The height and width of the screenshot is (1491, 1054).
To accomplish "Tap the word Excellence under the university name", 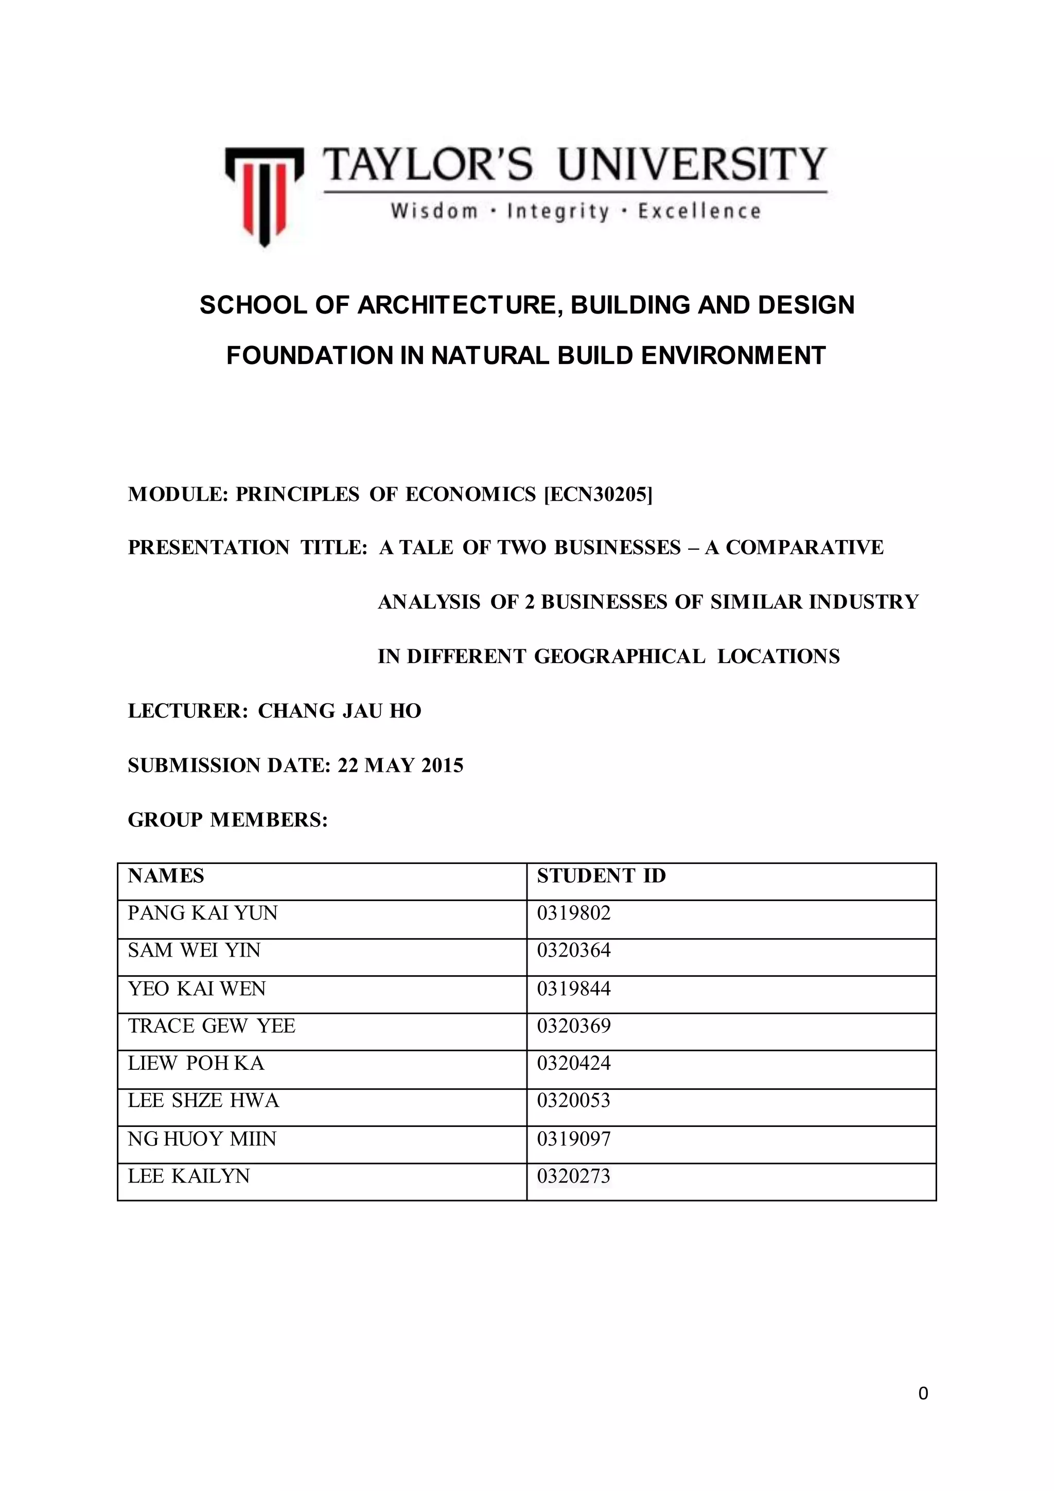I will pos(699,212).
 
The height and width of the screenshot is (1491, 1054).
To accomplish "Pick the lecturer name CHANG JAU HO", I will pos(340,711).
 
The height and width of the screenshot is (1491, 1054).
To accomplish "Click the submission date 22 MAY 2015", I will pos(400,766).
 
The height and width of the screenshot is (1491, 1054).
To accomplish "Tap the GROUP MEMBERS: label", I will pos(228,820).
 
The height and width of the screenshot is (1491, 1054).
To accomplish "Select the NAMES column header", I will pos(166,876).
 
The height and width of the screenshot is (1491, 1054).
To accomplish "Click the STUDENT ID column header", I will pos(601,876).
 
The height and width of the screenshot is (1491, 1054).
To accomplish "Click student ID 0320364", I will pos(574,951).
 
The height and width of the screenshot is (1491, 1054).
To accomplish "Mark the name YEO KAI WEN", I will pos(197,989).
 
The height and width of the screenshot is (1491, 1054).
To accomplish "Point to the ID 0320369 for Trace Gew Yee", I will pos(574,1026).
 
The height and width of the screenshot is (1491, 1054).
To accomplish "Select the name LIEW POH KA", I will pos(196,1063).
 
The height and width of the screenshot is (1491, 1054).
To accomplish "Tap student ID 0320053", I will pos(574,1101).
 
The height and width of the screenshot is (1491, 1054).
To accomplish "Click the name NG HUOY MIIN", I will pos(202,1139).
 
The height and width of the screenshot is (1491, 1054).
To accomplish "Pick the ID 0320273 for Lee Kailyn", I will pos(574,1176).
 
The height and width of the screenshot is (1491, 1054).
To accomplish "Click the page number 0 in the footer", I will pos(923,1394).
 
